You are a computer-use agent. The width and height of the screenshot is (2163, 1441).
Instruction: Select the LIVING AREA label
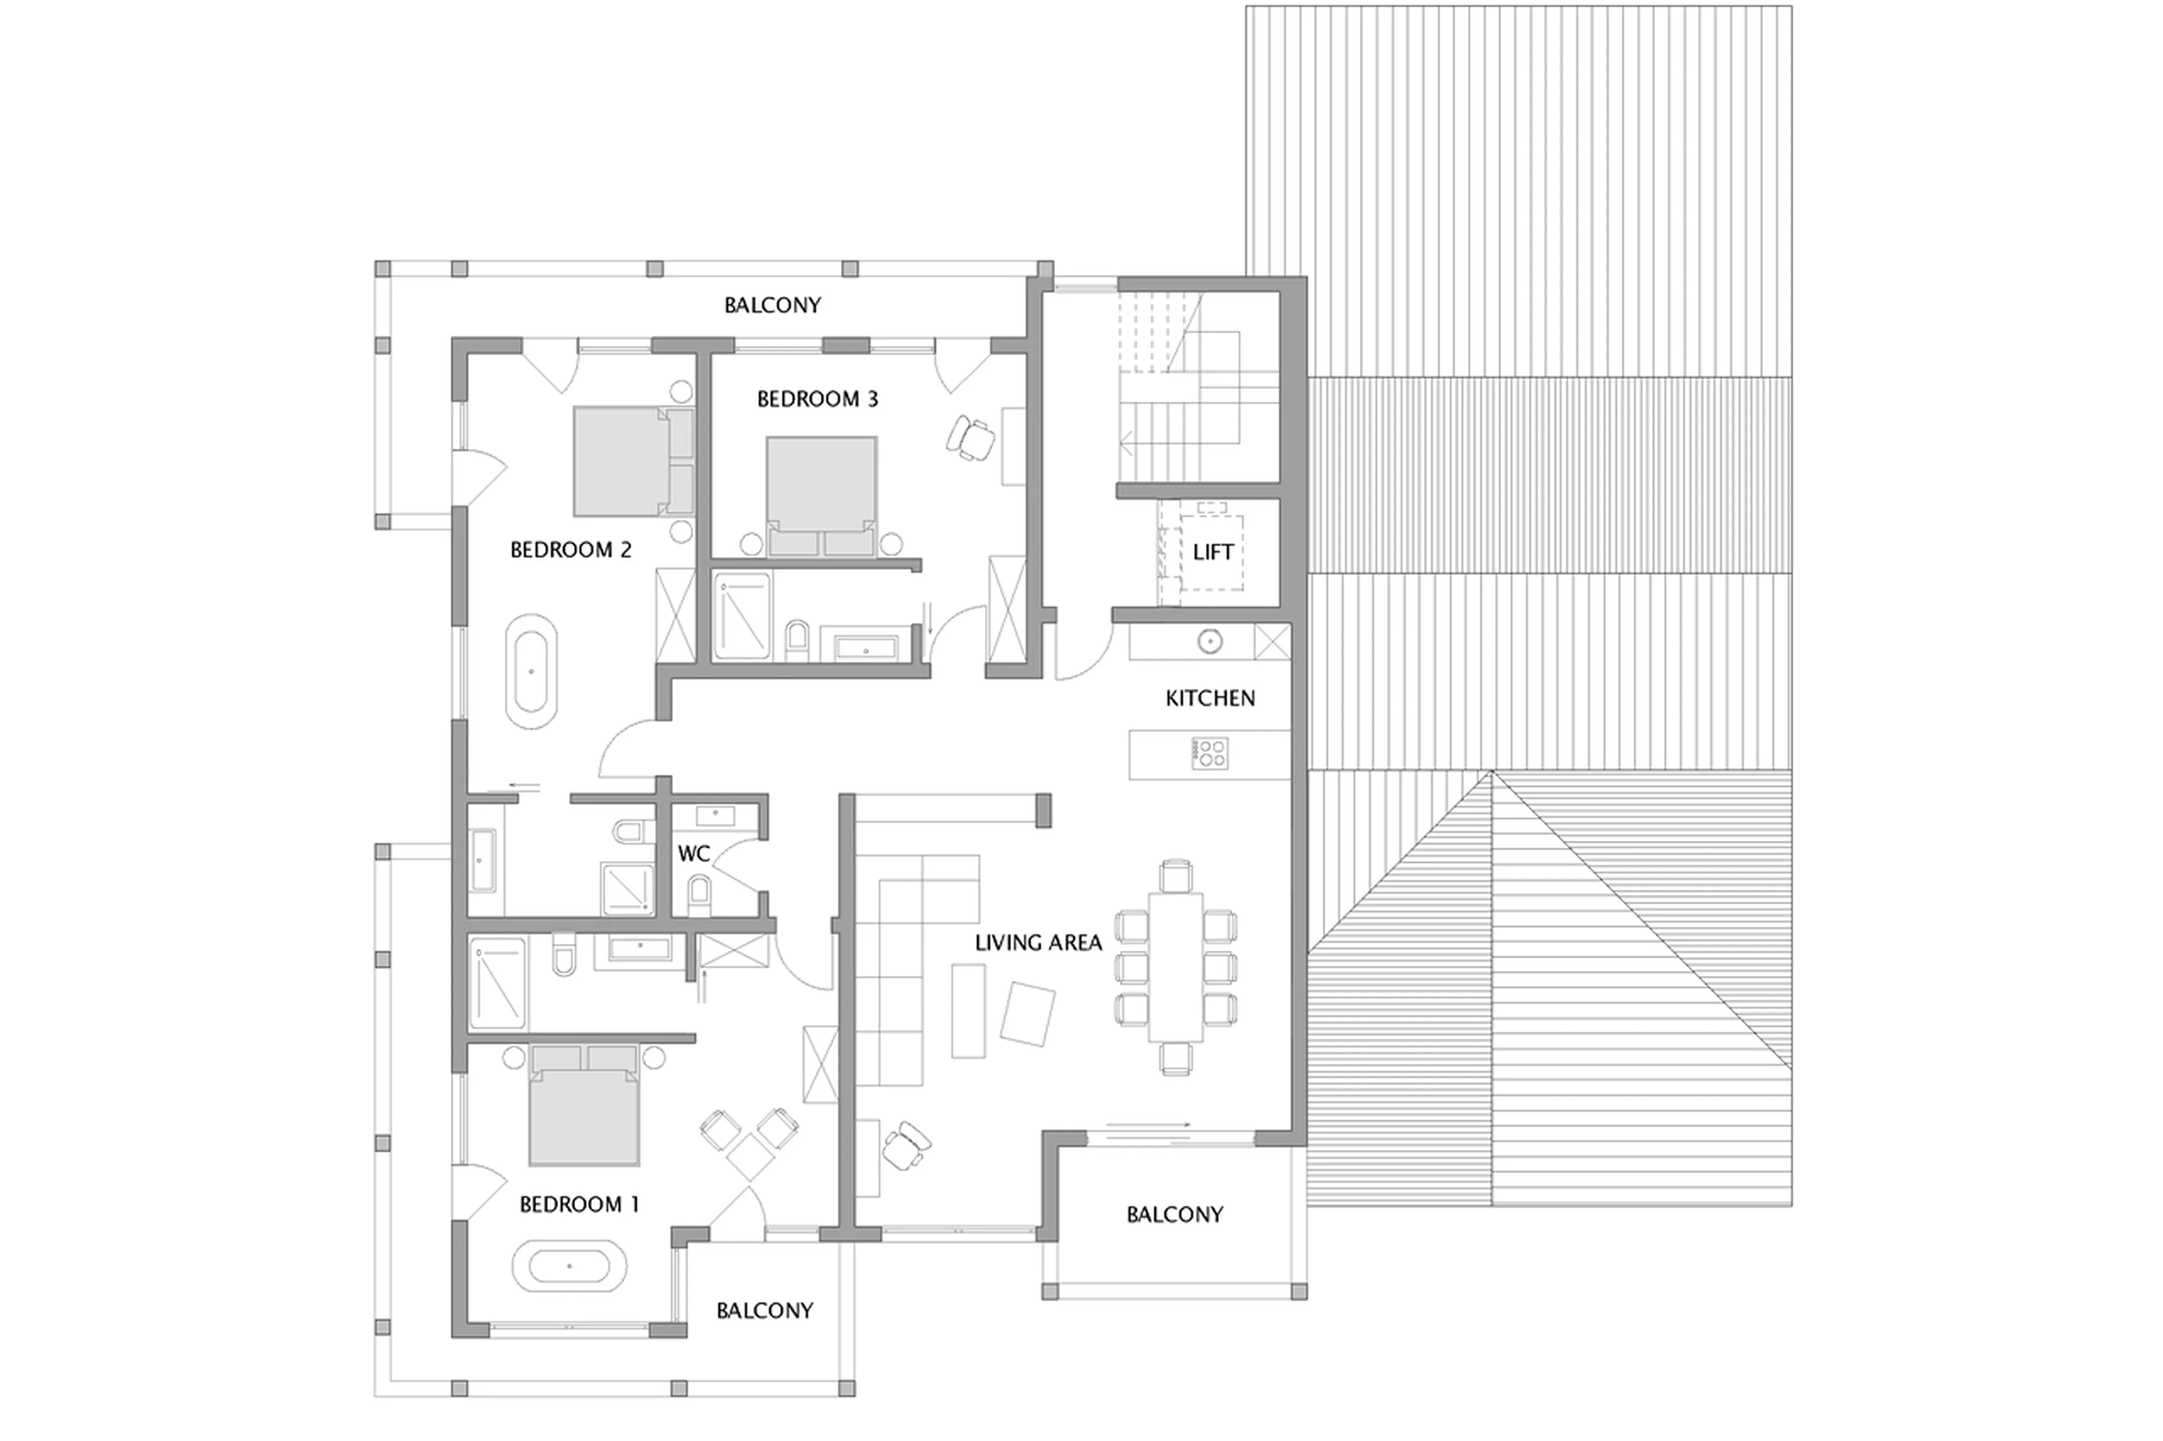click(x=1038, y=943)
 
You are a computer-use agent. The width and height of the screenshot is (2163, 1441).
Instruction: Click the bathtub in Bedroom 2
click(x=531, y=672)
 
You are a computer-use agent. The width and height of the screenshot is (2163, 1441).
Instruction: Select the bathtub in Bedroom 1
click(x=569, y=1266)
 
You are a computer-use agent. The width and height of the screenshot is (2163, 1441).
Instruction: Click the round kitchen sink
click(x=1210, y=641)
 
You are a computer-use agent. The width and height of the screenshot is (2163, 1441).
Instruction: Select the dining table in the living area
click(x=1175, y=967)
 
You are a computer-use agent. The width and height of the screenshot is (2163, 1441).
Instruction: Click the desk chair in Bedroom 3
click(x=970, y=436)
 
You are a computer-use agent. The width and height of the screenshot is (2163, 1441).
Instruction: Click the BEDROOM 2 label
click(x=570, y=550)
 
